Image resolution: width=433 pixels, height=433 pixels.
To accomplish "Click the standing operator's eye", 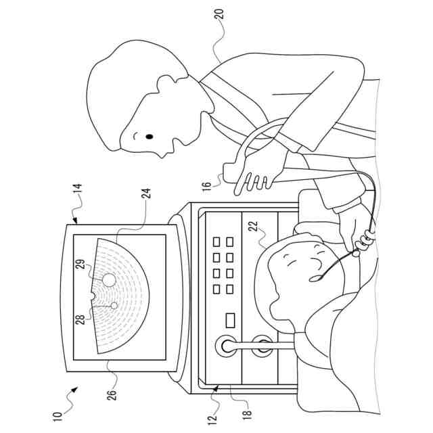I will pyautogui.click(x=150, y=137).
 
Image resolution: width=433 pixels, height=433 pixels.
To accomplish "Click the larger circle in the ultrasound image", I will pyautogui.click(x=108, y=277).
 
